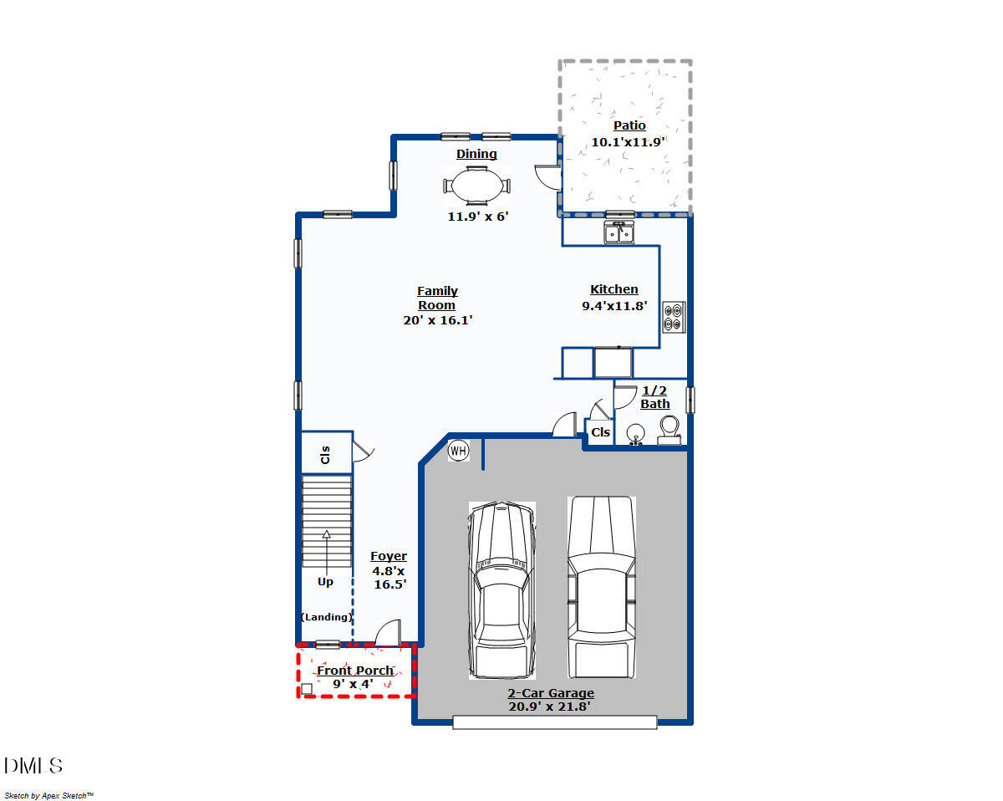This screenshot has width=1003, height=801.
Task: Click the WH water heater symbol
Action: [x=458, y=451]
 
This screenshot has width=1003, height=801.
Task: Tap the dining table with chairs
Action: [x=476, y=186]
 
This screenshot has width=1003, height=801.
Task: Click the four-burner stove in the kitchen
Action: [x=675, y=317]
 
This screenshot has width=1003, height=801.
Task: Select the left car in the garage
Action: [x=501, y=589]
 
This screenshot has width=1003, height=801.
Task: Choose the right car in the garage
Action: [x=601, y=585]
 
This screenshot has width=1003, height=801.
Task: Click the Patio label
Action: [x=629, y=125]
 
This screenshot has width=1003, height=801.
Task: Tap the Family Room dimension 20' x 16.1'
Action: [x=438, y=319]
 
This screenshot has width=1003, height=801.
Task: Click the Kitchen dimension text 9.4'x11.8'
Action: [x=614, y=306]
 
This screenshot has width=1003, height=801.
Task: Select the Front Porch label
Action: [x=354, y=671]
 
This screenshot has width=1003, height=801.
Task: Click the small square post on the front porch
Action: [x=307, y=688]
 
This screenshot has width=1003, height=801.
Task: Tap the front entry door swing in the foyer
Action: [x=389, y=633]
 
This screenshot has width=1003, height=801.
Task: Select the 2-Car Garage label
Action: [x=551, y=693]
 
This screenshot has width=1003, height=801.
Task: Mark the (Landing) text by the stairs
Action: [x=326, y=617]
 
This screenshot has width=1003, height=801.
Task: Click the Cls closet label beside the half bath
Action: [x=600, y=432]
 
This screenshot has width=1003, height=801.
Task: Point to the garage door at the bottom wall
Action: [x=555, y=722]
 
